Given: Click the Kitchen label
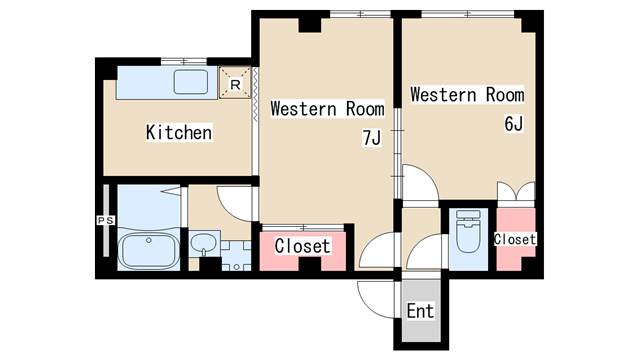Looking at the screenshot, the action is [179, 132].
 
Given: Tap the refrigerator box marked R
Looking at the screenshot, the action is [235, 83].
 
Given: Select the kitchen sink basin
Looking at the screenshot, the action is [191, 82].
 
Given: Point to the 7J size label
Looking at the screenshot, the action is [371, 138].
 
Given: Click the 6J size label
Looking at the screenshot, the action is [513, 123].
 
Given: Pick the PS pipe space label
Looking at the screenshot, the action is [105, 220].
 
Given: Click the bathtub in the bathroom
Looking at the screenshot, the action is [149, 251].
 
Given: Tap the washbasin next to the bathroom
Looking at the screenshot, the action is [204, 244].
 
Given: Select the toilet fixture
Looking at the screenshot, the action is [468, 231].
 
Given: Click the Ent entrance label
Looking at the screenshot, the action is [420, 311].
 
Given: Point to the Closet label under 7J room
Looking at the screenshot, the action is [302, 246].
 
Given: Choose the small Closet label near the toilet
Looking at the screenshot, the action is [515, 239].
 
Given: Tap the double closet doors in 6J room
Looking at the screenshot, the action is [516, 191].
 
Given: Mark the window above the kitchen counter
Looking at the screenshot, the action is [184, 62].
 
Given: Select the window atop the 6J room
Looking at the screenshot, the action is [468, 14].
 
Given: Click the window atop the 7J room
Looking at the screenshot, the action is [360, 14].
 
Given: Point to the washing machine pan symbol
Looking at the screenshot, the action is [236, 256].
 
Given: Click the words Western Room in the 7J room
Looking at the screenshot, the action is [327, 109].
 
